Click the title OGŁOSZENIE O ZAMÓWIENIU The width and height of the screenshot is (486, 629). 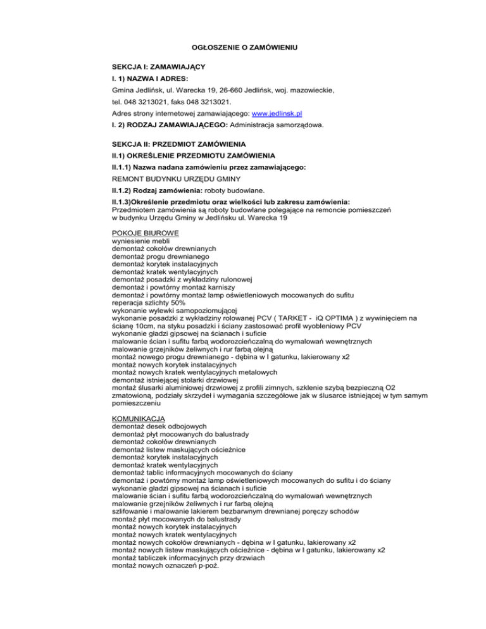point(244,47)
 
